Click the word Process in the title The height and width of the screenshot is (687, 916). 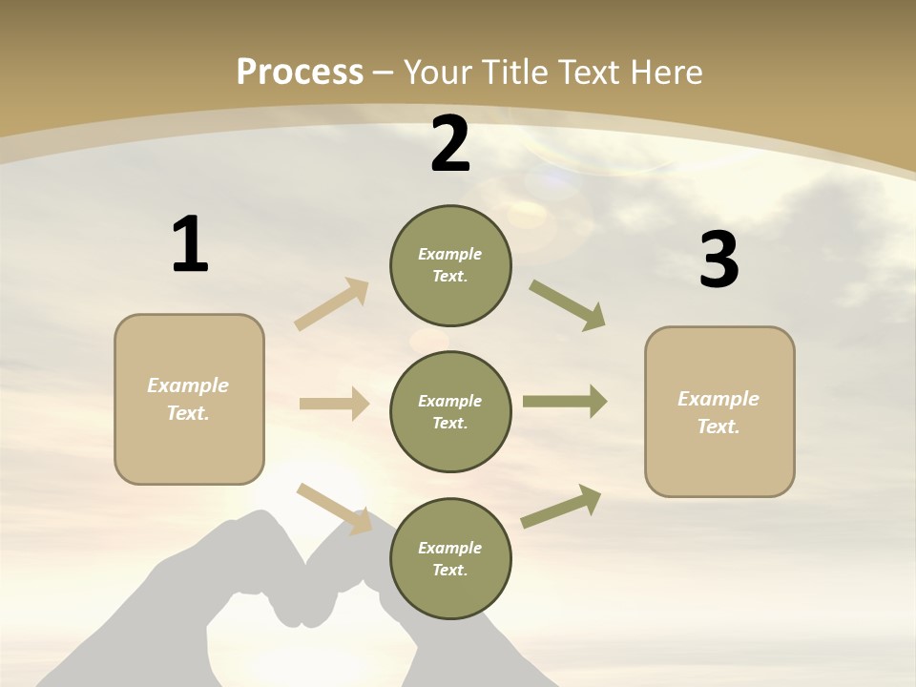tap(300, 73)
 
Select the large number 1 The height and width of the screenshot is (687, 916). tap(190, 245)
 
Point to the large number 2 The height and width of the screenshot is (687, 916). tap(450, 145)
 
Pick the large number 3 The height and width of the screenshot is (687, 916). tap(718, 260)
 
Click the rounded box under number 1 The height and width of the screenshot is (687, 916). tap(189, 399)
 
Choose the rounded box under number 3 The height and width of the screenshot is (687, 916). tap(719, 412)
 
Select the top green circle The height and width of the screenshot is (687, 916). tap(450, 265)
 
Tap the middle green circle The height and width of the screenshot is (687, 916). tap(450, 412)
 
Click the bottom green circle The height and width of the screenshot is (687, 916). tap(450, 559)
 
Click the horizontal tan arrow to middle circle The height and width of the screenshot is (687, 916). tap(334, 404)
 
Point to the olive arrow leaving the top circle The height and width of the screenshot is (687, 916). tap(568, 305)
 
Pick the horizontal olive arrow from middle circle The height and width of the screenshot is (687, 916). tap(565, 402)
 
